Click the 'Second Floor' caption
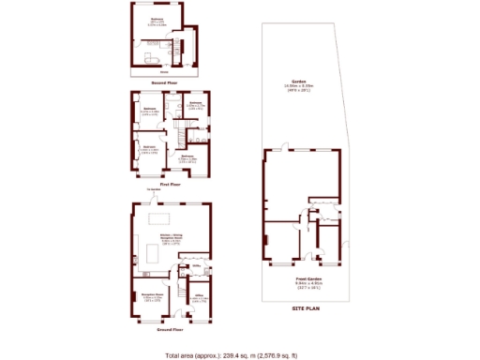[x=165, y=83]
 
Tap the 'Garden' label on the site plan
[x=299, y=82]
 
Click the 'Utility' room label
[x=197, y=265]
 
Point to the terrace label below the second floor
[x=164, y=72]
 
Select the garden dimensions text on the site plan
[x=299, y=88]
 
